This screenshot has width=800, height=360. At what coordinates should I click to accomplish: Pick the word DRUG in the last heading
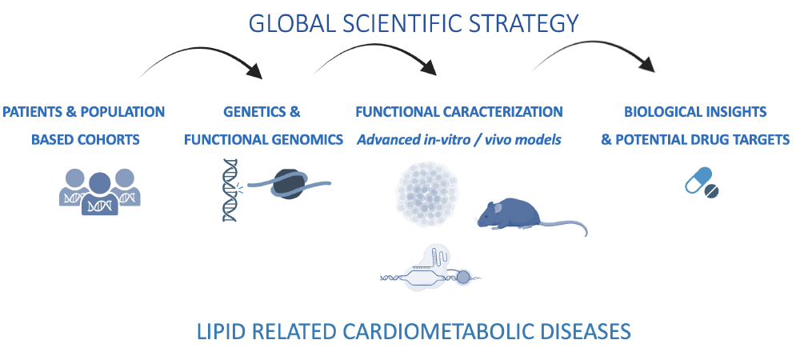(x=694, y=140)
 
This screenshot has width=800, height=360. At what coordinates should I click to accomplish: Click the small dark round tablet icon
(x=713, y=192)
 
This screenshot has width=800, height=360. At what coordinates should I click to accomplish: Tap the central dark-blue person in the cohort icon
(x=100, y=192)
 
